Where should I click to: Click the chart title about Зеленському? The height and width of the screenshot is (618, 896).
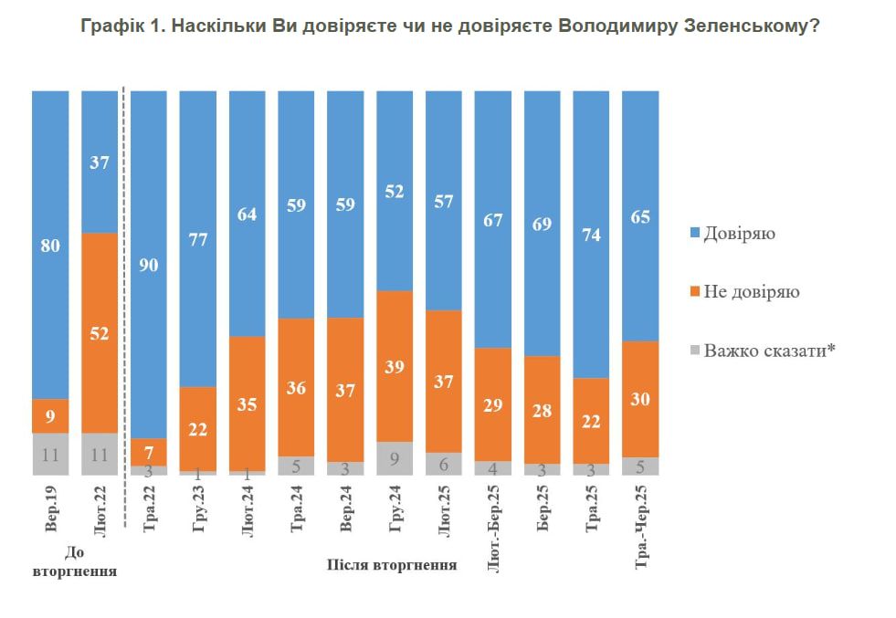[x=448, y=26]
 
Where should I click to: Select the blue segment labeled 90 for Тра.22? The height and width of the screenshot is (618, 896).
[x=149, y=265]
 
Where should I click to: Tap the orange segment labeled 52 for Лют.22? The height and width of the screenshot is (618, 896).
[x=100, y=333]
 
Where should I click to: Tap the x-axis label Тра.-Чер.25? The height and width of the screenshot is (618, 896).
[x=641, y=526]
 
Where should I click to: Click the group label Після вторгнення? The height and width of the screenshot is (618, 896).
[x=392, y=564]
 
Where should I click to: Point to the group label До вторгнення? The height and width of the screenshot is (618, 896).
[x=75, y=562]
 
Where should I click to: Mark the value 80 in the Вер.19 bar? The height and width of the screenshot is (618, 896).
[x=50, y=245]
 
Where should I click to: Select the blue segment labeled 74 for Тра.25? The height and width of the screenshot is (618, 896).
[x=592, y=235]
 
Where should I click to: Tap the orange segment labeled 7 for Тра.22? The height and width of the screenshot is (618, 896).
[x=149, y=452]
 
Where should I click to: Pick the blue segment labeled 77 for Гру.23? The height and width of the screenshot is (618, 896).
[x=198, y=239]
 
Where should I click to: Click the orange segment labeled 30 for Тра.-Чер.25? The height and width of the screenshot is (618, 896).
[x=641, y=399]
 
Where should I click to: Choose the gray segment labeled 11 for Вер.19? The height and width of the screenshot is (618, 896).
[x=50, y=454]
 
